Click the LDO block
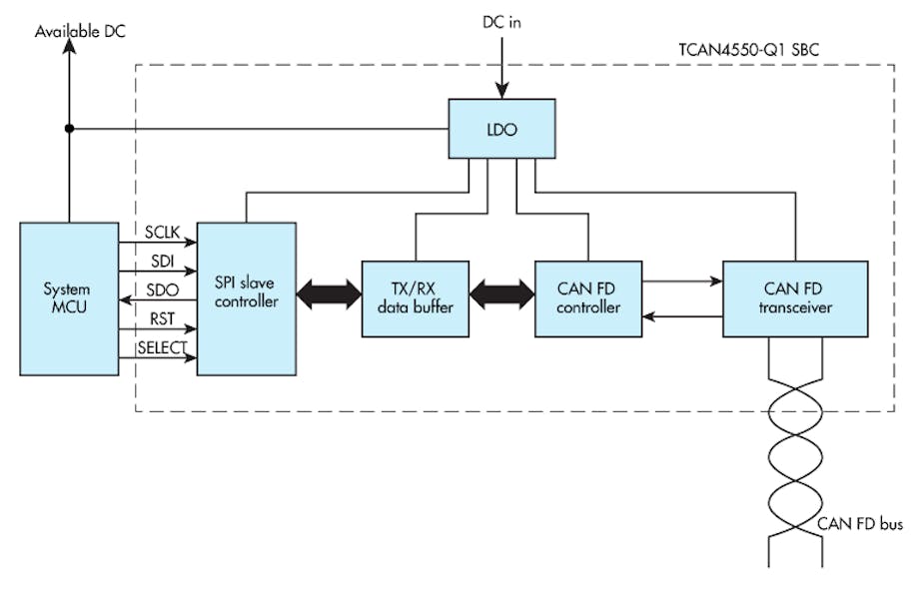[x=501, y=129]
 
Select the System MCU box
[x=67, y=298]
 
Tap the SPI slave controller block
[x=246, y=298]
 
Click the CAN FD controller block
[x=587, y=298]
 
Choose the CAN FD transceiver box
[x=794, y=298]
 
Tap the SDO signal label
[x=164, y=290]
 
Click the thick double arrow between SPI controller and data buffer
[x=329, y=294]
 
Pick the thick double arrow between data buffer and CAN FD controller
[x=502, y=294]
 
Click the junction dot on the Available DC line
[x=68, y=128]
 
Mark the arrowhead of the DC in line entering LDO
[x=502, y=91]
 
